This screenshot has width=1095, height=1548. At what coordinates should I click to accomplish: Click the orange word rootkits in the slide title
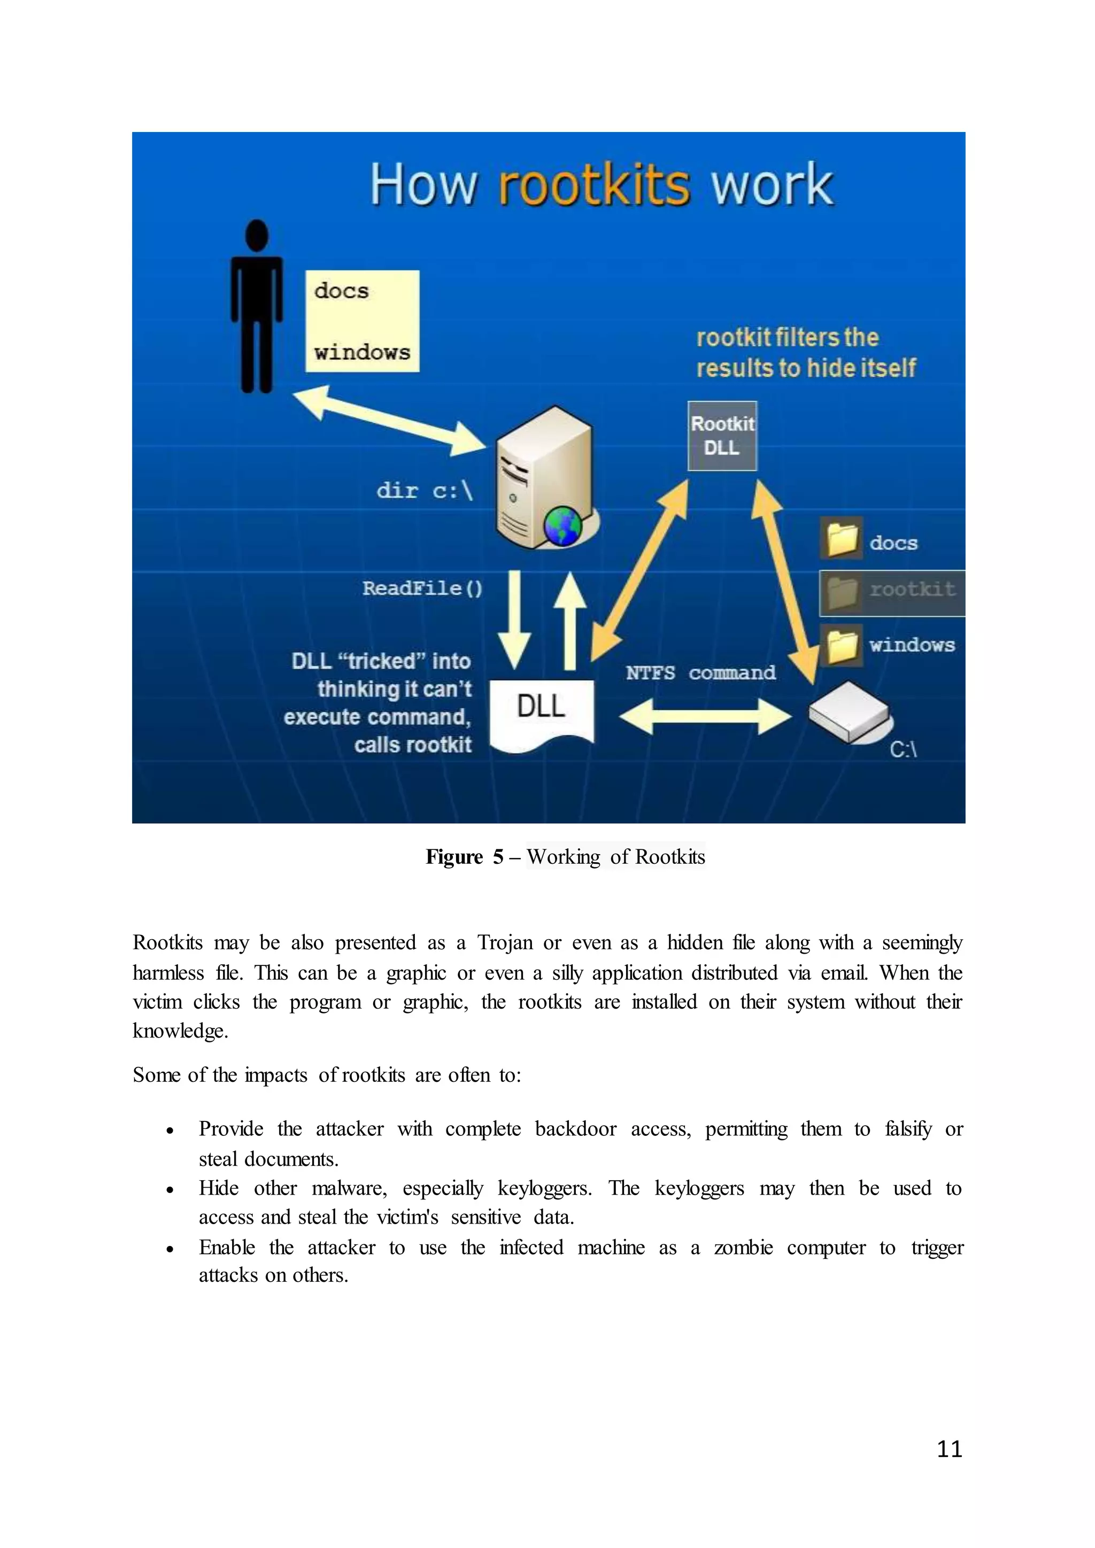[594, 185]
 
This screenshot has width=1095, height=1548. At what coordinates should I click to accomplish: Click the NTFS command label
[700, 673]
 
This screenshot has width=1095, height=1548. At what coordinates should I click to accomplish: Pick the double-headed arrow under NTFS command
[705, 716]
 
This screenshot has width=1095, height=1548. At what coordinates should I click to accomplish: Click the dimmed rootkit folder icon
[842, 592]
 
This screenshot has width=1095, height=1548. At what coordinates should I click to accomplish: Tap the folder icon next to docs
[842, 539]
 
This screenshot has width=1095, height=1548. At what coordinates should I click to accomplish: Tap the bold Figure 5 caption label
[465, 857]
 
